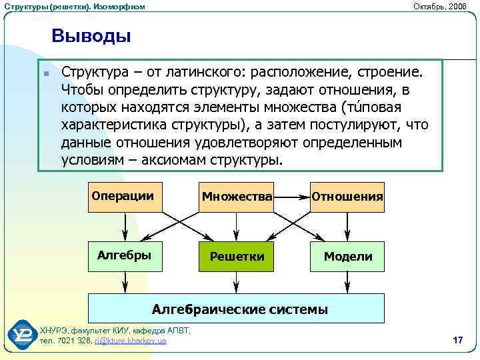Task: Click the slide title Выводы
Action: pyautogui.click(x=91, y=35)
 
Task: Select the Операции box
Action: pyautogui.click(x=126, y=196)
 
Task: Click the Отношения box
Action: pyautogui.click(x=347, y=196)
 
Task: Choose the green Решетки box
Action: pyautogui.click(x=237, y=256)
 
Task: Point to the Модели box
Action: pyautogui.click(x=347, y=256)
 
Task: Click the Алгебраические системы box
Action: pyautogui.click(x=237, y=309)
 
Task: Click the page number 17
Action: pyautogui.click(x=457, y=341)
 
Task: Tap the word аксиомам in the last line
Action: pyautogui.click(x=180, y=161)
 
